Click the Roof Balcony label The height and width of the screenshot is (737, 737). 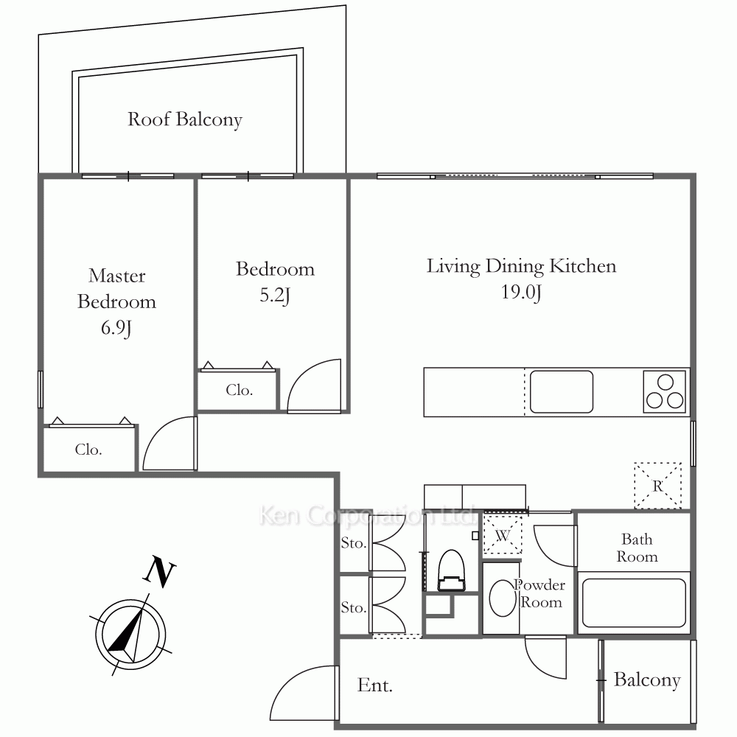pyautogui.click(x=185, y=119)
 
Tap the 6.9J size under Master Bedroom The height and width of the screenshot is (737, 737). pyautogui.click(x=116, y=328)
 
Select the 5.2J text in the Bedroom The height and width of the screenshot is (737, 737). pyautogui.click(x=275, y=296)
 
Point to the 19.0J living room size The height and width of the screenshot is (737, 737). pyautogui.click(x=521, y=292)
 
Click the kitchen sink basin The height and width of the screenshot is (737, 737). pyautogui.click(x=561, y=392)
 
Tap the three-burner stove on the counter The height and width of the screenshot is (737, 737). pyautogui.click(x=665, y=392)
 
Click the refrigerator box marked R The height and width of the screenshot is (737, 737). pyautogui.click(x=657, y=486)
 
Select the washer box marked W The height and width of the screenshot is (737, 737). pyautogui.click(x=503, y=535)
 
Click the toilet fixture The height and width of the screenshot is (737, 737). pyautogui.click(x=451, y=570)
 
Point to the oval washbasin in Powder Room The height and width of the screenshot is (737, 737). pyautogui.click(x=503, y=598)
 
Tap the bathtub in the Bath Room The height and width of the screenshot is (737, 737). pyautogui.click(x=634, y=603)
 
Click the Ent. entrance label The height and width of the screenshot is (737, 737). pyautogui.click(x=374, y=685)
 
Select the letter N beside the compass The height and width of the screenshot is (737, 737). pyautogui.click(x=159, y=572)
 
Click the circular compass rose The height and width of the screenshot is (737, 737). pyautogui.click(x=130, y=634)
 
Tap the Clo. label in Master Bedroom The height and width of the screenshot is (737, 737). pyautogui.click(x=88, y=450)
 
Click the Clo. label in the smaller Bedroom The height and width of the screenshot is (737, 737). pyautogui.click(x=240, y=390)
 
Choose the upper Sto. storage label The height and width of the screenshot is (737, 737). pyautogui.click(x=354, y=543)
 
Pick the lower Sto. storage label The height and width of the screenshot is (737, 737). pyautogui.click(x=354, y=608)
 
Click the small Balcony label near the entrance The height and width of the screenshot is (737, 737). pyautogui.click(x=647, y=680)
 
